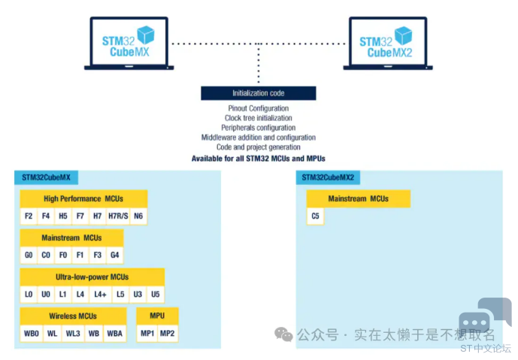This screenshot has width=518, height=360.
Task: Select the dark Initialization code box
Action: (x=258, y=93)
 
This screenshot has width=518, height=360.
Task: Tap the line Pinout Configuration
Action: (x=258, y=109)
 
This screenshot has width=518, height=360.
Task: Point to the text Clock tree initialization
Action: (x=258, y=119)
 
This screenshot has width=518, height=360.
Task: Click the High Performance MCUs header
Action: (x=83, y=198)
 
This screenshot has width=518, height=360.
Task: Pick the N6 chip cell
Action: (x=138, y=216)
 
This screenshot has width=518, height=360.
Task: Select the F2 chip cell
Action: (x=29, y=216)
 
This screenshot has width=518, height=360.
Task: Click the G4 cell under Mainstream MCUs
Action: (x=114, y=256)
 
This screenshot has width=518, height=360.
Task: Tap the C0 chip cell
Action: (x=46, y=256)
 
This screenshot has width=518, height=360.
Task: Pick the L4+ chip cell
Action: (x=100, y=295)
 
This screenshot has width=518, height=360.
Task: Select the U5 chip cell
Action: (x=156, y=295)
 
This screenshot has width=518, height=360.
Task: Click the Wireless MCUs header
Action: (x=73, y=316)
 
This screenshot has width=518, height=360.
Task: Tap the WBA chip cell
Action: (x=114, y=334)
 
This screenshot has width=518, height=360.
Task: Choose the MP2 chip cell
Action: (x=167, y=334)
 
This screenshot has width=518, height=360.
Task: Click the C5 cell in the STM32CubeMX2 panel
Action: (x=315, y=216)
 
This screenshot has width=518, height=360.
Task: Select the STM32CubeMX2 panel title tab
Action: (x=328, y=177)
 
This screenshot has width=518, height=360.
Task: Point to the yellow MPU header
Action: (x=157, y=316)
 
